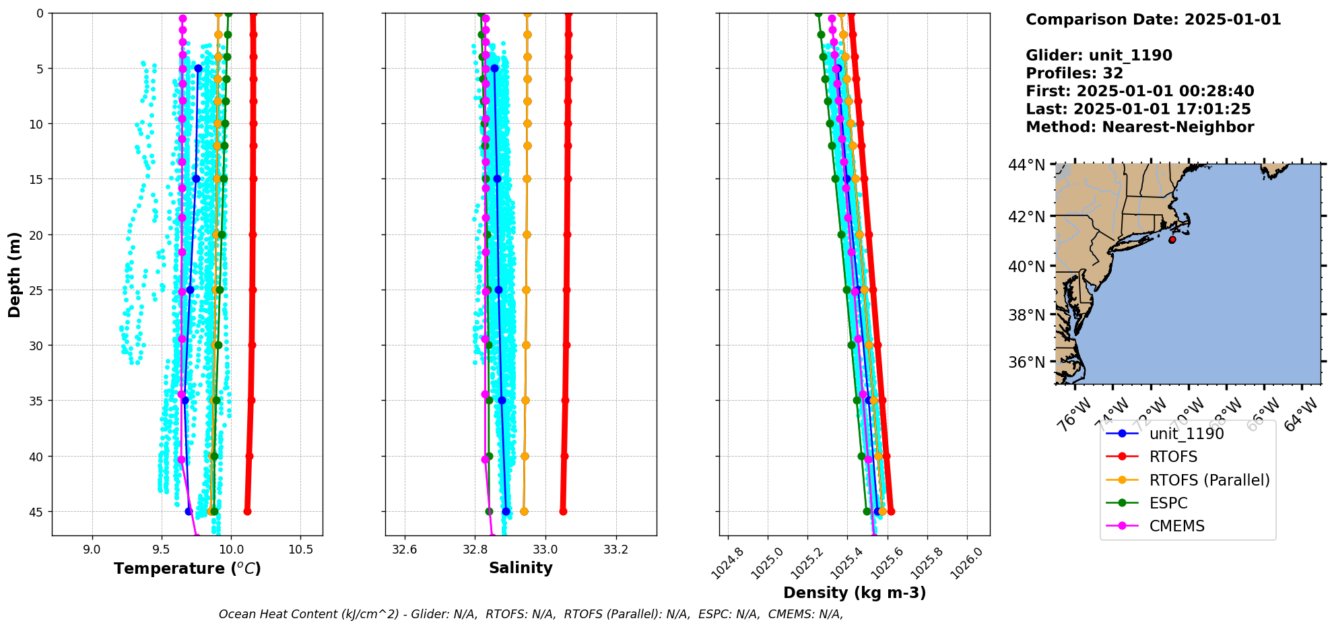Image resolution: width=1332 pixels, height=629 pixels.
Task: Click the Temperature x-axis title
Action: coord(187,568)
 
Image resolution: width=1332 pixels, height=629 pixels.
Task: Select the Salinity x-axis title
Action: coord(521,568)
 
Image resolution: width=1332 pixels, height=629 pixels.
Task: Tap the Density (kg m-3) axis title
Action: coord(855,593)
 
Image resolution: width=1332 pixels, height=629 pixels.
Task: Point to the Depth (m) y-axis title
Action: coord(14,275)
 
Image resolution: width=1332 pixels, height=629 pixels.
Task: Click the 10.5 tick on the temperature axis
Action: coord(300,550)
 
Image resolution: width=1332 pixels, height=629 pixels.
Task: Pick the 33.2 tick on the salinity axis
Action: coord(615,550)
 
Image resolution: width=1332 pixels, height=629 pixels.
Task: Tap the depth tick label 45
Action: coord(36,512)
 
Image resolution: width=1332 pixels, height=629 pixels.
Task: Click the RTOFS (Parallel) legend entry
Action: coord(1209,480)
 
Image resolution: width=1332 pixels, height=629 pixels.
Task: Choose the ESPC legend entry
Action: coord(1168,503)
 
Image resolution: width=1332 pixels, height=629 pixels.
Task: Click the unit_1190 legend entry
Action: coord(1187,434)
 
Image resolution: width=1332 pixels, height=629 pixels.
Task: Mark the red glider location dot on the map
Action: coord(1172,240)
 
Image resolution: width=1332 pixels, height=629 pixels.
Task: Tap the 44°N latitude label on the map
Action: coord(1026,165)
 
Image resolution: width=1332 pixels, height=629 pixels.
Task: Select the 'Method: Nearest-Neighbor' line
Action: coord(1139,127)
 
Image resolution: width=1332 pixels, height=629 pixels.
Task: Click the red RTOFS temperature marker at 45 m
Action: coord(247,512)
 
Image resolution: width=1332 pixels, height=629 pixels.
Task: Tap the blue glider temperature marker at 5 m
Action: coord(198,68)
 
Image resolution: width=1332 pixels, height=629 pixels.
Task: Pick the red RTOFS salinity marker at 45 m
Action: coord(563,512)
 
